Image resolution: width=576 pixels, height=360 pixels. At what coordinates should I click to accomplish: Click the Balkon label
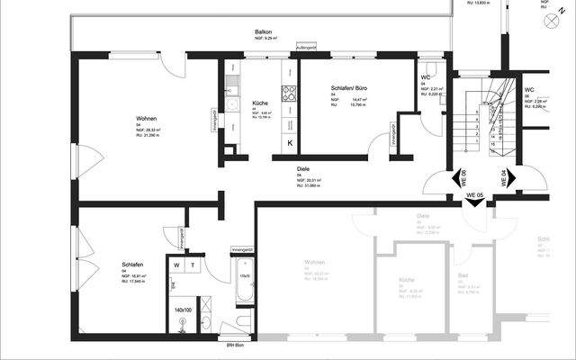tap(264, 32)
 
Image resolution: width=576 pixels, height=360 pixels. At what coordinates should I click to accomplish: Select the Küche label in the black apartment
tap(259, 103)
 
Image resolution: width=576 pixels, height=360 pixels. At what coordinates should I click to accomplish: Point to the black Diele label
tap(303, 168)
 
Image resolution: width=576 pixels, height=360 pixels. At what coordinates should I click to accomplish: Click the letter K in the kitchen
tap(290, 143)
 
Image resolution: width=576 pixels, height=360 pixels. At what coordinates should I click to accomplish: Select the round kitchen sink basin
tap(231, 105)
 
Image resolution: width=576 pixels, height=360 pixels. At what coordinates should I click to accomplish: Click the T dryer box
tap(192, 266)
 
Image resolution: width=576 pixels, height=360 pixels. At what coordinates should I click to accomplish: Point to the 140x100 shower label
tap(183, 310)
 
